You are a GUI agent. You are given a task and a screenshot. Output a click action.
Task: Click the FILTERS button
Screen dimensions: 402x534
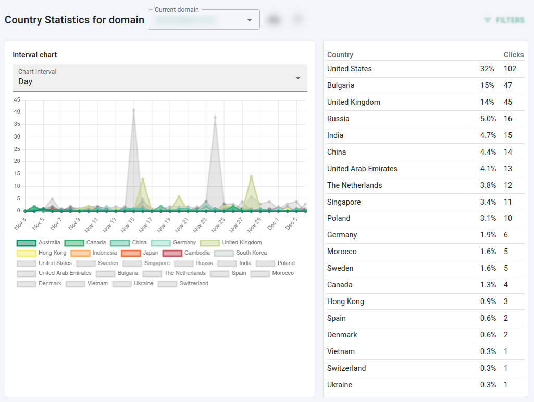point(504,20)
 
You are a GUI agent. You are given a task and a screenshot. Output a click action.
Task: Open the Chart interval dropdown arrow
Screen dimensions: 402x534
point(298,78)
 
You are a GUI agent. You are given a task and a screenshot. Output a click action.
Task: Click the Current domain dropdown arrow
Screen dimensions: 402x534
point(250,20)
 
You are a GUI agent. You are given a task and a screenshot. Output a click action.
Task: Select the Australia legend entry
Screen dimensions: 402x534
point(39,243)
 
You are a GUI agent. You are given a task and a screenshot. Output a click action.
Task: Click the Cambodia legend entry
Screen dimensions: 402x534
point(187,253)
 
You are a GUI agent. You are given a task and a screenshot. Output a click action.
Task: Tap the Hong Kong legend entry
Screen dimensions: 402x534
point(42,253)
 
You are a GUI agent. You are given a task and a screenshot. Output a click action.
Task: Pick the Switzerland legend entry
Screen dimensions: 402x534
point(183,284)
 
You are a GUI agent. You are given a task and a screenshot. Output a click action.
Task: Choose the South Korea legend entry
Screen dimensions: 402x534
point(241,253)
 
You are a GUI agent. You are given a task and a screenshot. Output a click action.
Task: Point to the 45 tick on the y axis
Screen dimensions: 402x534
point(17,99)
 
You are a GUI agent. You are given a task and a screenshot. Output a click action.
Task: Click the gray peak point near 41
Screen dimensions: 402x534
point(134,110)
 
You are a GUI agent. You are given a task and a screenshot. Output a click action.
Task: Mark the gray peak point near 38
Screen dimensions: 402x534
point(215,117)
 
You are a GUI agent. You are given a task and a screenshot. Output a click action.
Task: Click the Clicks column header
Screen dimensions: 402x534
point(514,55)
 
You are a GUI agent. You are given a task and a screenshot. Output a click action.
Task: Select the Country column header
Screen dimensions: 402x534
point(340,55)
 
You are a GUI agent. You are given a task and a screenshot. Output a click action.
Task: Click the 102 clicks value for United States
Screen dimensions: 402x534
point(510,69)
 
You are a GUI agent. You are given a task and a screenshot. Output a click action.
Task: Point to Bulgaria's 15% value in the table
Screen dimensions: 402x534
point(487,85)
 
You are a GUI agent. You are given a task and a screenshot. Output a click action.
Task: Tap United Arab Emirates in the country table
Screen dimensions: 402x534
point(362,169)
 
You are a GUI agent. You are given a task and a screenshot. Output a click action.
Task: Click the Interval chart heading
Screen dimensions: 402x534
point(35,55)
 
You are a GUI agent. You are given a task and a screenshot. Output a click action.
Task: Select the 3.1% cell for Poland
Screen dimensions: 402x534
point(488,218)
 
